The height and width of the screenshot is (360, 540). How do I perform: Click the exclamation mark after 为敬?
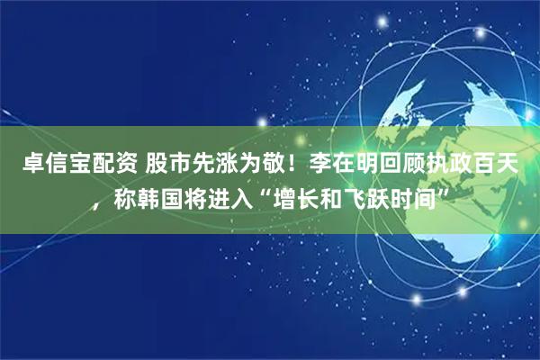click(x=297, y=165)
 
